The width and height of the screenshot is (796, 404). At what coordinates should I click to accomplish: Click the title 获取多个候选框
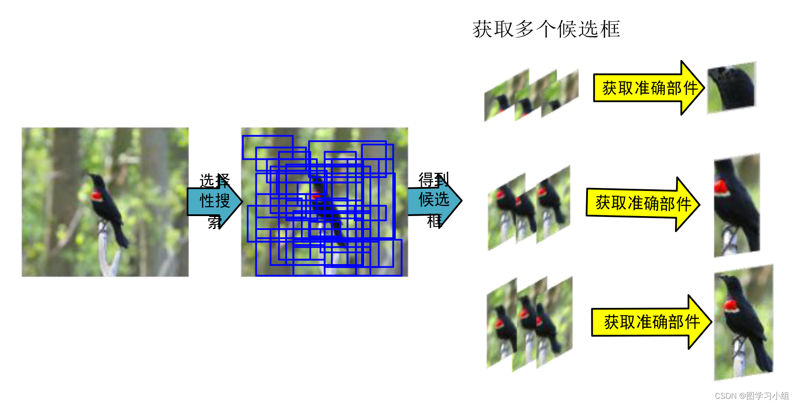pyautogui.click(x=546, y=29)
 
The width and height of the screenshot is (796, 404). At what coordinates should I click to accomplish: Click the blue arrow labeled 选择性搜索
pyautogui.click(x=214, y=201)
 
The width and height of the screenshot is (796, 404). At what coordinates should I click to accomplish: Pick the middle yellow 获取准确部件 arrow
pyautogui.click(x=643, y=204)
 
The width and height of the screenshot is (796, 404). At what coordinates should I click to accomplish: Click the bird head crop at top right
pyautogui.click(x=731, y=87)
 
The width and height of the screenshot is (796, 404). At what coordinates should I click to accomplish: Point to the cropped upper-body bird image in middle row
pyautogui.click(x=737, y=205)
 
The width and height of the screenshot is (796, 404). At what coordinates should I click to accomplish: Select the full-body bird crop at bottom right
pyautogui.click(x=743, y=323)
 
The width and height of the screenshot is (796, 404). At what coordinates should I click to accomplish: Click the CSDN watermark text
pyautogui.click(x=751, y=396)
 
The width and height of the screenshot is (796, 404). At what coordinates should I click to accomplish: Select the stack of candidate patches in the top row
pyautogui.click(x=531, y=95)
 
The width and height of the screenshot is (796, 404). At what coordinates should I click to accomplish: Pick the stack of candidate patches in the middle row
pyautogui.click(x=528, y=208)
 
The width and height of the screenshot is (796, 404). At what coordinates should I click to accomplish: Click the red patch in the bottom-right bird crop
pyautogui.click(x=731, y=306)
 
